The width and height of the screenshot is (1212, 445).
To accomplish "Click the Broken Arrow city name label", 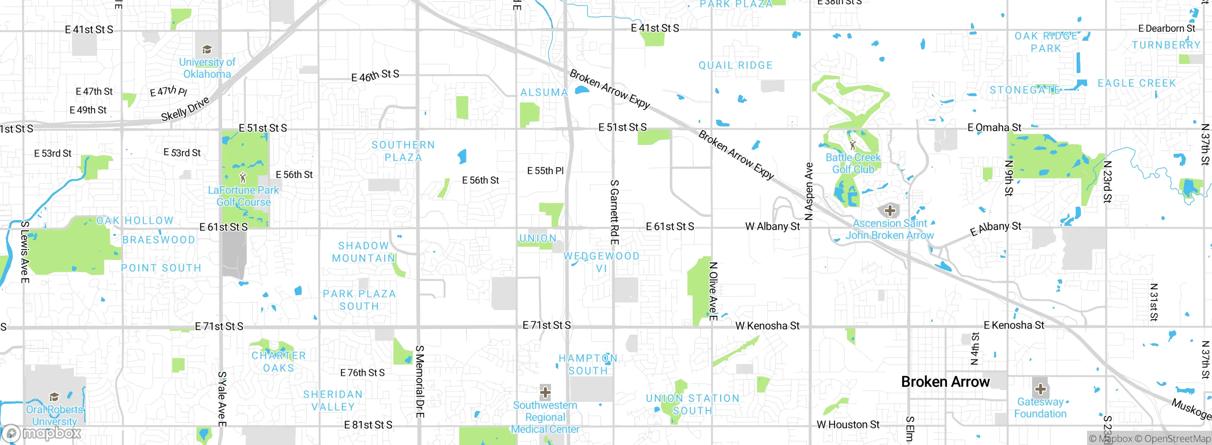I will pyautogui.click(x=945, y=382).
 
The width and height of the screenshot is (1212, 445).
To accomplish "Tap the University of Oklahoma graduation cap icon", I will pyautogui.click(x=207, y=49).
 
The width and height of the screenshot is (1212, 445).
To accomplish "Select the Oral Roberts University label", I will pyautogui.click(x=54, y=415).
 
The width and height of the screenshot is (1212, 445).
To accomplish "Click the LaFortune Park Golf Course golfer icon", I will pyautogui.click(x=243, y=178).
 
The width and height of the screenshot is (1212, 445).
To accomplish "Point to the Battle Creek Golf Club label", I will pyautogui.click(x=853, y=163).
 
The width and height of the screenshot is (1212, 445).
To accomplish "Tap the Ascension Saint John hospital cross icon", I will pyautogui.click(x=890, y=210).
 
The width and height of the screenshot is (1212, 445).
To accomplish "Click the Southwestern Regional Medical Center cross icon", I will pyautogui.click(x=545, y=392).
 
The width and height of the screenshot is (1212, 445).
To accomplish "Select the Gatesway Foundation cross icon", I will pyautogui.click(x=1040, y=389).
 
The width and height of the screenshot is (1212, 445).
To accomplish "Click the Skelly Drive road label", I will pyautogui.click(x=185, y=109).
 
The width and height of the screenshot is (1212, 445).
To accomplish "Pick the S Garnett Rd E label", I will pyautogui.click(x=614, y=212).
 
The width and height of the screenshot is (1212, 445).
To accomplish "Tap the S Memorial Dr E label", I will pyautogui.click(x=419, y=381).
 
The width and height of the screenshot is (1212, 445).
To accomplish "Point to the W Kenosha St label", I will pyautogui.click(x=767, y=326).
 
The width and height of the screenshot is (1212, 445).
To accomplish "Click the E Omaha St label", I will pyautogui.click(x=994, y=127).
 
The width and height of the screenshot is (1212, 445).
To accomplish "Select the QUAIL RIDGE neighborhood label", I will pyautogui.click(x=735, y=65).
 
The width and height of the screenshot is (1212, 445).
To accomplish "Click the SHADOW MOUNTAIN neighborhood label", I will pyautogui.click(x=364, y=252).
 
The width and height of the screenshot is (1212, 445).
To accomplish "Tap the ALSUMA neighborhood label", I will pyautogui.click(x=544, y=92).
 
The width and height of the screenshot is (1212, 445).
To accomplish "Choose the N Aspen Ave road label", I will pyautogui.click(x=809, y=191).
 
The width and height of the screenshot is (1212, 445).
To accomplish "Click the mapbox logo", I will pyautogui.click(x=42, y=433).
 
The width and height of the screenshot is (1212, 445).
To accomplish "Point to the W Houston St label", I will pyautogui.click(x=847, y=425).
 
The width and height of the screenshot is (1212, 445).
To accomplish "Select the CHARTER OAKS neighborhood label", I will pyautogui.click(x=278, y=362).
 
